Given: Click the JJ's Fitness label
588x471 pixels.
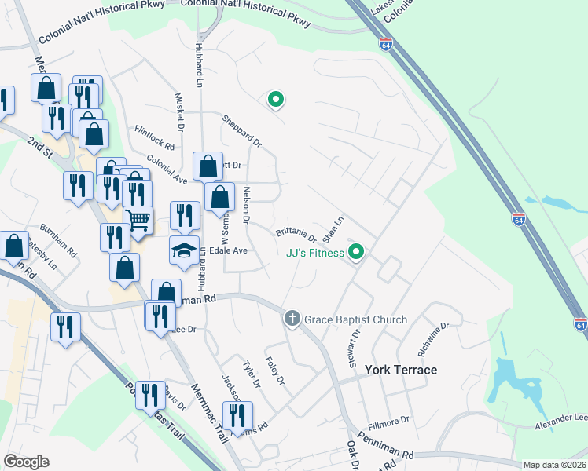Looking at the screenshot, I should click(x=314, y=253).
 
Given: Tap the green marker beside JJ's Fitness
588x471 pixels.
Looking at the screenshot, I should click(x=356, y=252).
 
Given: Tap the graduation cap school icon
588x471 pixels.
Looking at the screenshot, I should click(x=185, y=251).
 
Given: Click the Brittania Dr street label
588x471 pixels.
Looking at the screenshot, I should click(x=296, y=235).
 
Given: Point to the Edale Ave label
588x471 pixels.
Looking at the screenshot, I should click(x=228, y=251).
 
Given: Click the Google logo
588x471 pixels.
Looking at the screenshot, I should click(x=26, y=462).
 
